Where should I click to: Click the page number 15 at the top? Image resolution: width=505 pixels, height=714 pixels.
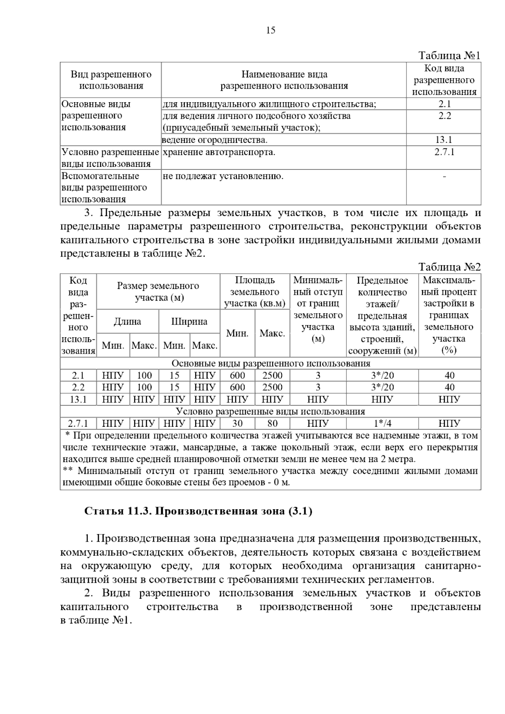point(271,30)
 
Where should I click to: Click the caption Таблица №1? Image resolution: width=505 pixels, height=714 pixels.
point(449,56)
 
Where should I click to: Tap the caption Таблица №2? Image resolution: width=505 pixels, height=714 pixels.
point(449,267)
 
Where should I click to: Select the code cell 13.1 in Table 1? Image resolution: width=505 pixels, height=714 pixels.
point(444,140)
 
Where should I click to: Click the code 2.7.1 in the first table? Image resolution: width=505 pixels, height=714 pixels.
point(444,152)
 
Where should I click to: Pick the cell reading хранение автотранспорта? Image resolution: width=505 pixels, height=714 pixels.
point(219,152)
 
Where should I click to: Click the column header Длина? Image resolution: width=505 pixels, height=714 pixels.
point(128,322)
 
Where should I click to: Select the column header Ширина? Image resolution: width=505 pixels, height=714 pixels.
point(189,322)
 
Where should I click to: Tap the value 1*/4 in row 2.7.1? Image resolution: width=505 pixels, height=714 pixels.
point(382,423)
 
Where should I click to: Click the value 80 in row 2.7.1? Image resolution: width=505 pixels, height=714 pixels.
point(272,423)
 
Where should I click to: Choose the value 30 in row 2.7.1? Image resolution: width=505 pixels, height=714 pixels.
point(237,423)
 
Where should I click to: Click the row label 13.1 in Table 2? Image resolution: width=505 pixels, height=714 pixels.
point(78,399)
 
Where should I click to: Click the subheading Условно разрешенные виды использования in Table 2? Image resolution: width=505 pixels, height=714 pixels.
point(270,411)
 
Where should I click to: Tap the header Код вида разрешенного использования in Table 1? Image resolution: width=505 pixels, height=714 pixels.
point(444,80)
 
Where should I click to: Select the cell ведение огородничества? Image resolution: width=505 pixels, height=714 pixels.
point(215,140)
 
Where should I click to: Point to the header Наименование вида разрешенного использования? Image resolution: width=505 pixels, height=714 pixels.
point(284,80)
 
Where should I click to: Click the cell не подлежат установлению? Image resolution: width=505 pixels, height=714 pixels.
point(223,176)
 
